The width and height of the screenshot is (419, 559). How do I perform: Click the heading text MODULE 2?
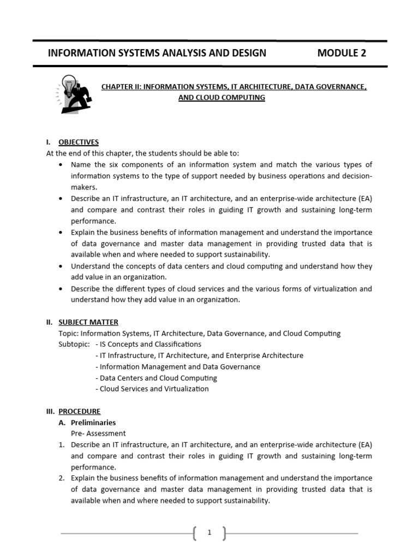click(x=342, y=53)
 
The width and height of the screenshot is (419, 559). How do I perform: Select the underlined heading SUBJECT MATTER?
click(x=88, y=322)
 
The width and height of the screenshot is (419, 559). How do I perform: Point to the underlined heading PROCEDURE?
click(x=80, y=411)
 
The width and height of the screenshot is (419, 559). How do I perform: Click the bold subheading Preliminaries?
click(x=93, y=423)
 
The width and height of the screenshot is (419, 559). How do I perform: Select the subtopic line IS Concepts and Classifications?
click(x=148, y=344)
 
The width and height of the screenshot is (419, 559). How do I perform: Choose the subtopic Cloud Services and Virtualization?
click(x=152, y=389)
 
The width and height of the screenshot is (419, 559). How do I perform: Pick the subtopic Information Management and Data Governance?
click(x=177, y=367)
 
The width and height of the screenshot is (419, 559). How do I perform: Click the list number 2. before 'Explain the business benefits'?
click(x=62, y=478)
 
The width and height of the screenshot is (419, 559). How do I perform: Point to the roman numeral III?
click(x=51, y=411)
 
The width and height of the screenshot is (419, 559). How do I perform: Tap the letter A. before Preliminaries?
click(x=62, y=423)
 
